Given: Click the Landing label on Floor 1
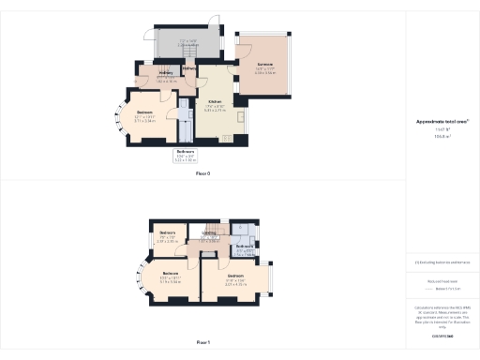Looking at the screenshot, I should [209, 233].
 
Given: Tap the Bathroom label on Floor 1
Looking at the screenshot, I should [246, 247].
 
